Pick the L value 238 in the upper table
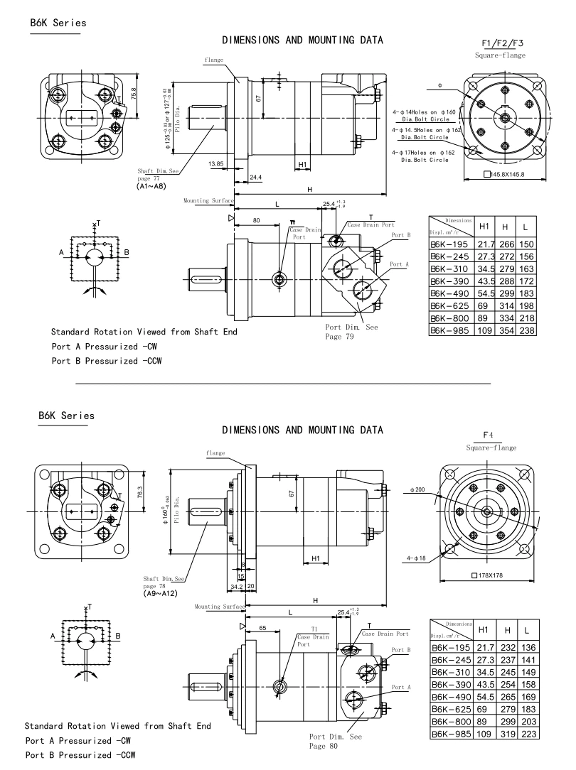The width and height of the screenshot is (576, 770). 526,330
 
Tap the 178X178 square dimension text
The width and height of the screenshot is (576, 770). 492,575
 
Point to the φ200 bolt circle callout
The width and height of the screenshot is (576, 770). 417,490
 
